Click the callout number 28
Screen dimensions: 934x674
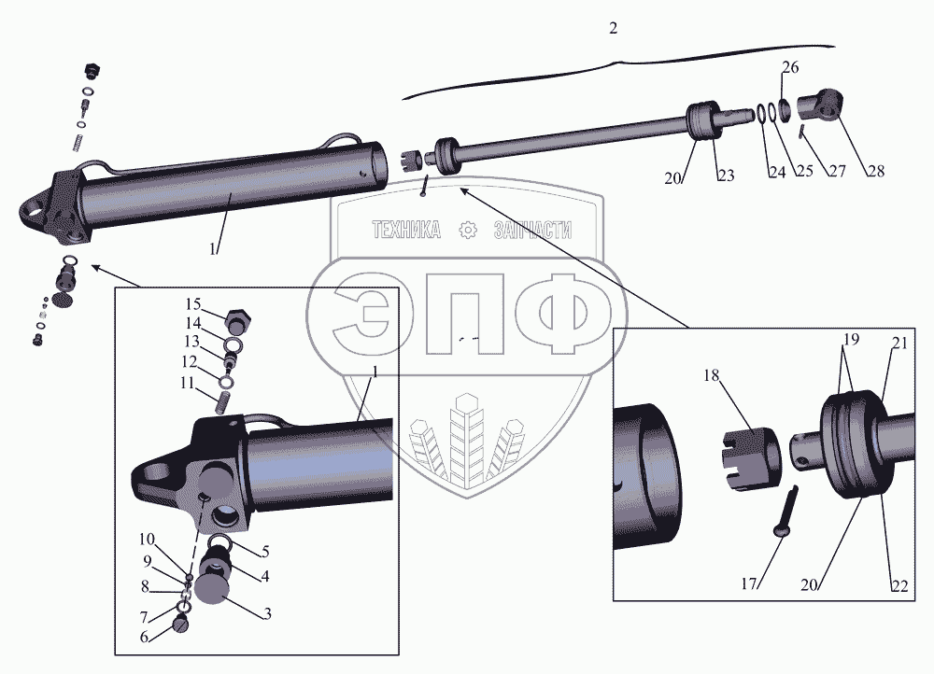(x=876, y=171)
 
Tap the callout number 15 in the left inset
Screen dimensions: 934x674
(x=193, y=304)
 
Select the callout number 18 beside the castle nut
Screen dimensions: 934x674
(x=711, y=375)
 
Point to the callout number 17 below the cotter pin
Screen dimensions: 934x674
(x=749, y=584)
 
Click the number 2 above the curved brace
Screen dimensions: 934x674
(x=614, y=28)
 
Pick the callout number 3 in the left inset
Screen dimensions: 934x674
(x=267, y=614)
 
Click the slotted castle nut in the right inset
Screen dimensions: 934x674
(x=752, y=459)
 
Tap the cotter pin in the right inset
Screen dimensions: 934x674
(x=787, y=512)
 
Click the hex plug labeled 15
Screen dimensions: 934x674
(x=238, y=322)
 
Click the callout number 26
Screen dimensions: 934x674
(x=790, y=67)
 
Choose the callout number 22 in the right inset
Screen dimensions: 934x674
(x=899, y=586)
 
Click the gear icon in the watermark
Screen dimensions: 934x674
(x=469, y=230)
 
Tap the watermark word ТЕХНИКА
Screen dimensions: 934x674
(x=407, y=230)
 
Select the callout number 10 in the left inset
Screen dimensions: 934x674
(x=147, y=540)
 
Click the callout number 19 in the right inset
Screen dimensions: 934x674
(x=851, y=340)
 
